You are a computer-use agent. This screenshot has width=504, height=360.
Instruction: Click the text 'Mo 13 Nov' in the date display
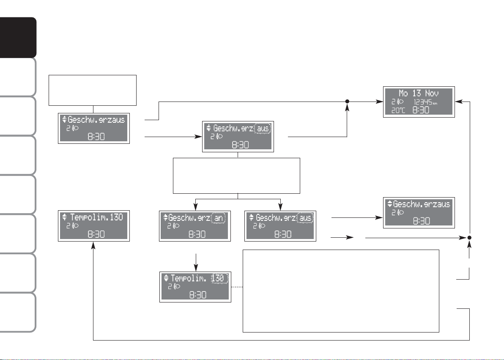pos(419,93)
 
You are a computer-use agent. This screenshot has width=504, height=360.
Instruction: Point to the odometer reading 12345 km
pos(425,102)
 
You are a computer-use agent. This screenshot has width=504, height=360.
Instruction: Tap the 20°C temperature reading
pos(398,110)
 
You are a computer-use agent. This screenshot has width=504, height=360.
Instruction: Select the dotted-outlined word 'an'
pos(219,218)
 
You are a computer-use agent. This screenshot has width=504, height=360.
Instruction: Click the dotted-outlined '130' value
pos(219,278)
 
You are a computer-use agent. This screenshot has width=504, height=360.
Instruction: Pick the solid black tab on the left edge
pos(18,37)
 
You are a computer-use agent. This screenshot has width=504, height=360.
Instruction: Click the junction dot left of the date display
pos(347,102)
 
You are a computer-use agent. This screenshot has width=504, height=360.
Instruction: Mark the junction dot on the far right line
pos(469,238)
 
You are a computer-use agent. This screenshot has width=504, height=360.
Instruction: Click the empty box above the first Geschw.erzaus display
pos(93,91)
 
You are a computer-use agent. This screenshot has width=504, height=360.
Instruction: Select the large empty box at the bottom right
pos(341,291)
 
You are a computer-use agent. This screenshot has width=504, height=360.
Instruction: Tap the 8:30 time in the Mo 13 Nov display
pos(421,110)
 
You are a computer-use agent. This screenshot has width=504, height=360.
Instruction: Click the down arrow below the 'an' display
pos(196,263)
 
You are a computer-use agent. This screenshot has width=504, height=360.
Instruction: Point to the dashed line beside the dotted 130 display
pos(237,287)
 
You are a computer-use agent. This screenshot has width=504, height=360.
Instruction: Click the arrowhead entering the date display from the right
pos(459,102)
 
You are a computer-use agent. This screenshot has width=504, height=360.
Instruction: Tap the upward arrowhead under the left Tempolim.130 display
pos(93,245)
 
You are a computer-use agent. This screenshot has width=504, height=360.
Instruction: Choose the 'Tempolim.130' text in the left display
pos(96,217)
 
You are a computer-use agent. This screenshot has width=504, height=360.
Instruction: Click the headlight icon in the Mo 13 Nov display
pos(400,102)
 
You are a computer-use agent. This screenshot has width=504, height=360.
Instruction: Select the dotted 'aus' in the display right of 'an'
pos(305,218)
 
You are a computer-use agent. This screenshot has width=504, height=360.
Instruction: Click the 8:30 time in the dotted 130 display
pos(198,295)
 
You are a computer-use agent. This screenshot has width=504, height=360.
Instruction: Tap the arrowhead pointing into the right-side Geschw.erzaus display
pos(379,218)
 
